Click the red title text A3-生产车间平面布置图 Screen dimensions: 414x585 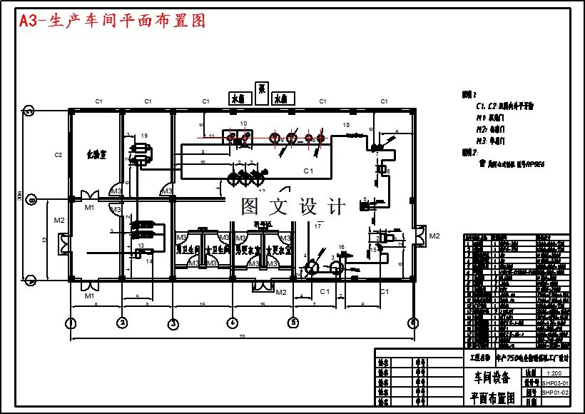[x=113, y=21]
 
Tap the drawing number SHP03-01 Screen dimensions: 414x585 [x=555, y=383]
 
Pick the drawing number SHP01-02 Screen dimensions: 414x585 [x=555, y=393]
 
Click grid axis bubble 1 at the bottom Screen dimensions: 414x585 [x=71, y=323]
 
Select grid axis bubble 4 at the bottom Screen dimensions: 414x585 [x=231, y=323]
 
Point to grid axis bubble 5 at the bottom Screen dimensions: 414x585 [x=293, y=323]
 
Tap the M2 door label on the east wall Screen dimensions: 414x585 [x=434, y=236]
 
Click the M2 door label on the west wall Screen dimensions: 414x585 [x=58, y=220]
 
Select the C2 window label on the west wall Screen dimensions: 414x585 [x=58, y=154]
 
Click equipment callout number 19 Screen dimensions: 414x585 [x=144, y=135]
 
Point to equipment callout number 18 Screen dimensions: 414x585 [x=347, y=125]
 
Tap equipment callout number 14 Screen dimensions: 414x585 [x=149, y=261]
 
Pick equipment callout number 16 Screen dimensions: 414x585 [x=341, y=247]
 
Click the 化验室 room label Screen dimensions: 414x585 [x=96, y=153]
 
